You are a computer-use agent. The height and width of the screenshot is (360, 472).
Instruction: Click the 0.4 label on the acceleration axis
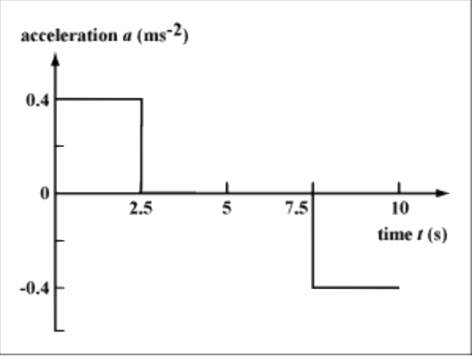[x=37, y=100]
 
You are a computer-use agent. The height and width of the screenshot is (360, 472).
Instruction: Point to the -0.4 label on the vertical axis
[x=34, y=289]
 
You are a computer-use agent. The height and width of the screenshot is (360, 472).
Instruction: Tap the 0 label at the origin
[x=44, y=193]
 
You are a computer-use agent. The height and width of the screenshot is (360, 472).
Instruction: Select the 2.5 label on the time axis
[x=140, y=208]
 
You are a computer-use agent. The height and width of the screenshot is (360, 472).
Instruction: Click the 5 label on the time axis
[x=227, y=208]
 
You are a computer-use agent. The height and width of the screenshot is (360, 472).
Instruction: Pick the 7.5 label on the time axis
[x=297, y=208]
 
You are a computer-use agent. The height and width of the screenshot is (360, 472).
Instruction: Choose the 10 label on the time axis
[x=400, y=208]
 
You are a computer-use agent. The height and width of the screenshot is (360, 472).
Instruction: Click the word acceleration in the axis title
[x=69, y=36]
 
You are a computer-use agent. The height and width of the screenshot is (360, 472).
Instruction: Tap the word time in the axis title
[x=395, y=234]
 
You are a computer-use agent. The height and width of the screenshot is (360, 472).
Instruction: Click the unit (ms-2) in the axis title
[x=163, y=36]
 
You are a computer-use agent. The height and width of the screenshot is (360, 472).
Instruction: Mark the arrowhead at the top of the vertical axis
[x=55, y=58]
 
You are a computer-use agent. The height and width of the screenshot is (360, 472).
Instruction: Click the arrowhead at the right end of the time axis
[x=443, y=193]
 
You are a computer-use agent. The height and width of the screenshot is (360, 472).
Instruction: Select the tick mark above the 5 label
[x=227, y=187]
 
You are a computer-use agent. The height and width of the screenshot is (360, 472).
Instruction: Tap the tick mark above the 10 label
[x=399, y=187]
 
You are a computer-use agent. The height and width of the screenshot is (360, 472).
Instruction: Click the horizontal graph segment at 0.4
[x=99, y=99]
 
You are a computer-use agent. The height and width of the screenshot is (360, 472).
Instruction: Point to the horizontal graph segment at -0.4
[x=356, y=287]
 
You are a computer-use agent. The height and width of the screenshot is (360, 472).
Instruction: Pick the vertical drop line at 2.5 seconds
[x=141, y=145]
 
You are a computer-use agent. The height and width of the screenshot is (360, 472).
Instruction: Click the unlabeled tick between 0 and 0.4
[x=60, y=146]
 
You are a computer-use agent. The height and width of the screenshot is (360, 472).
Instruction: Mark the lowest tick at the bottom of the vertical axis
[x=59, y=331]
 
